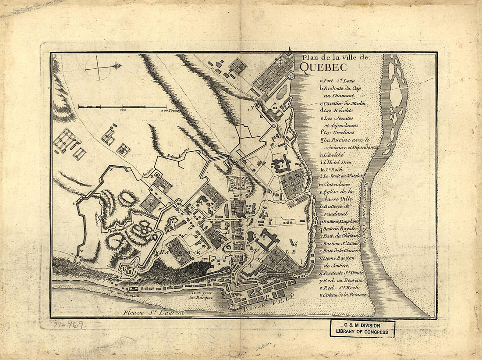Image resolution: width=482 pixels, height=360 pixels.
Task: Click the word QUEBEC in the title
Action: pyautogui.click(x=323, y=67)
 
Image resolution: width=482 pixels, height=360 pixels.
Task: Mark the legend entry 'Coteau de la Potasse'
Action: pyautogui.click(x=344, y=295)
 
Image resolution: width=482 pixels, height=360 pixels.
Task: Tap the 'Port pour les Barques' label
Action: pyautogui.click(x=202, y=295)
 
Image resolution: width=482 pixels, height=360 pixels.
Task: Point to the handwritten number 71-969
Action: pyautogui.click(x=62, y=324)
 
